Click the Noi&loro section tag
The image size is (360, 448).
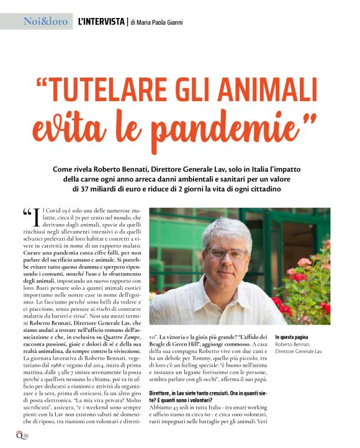tap(45, 21)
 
